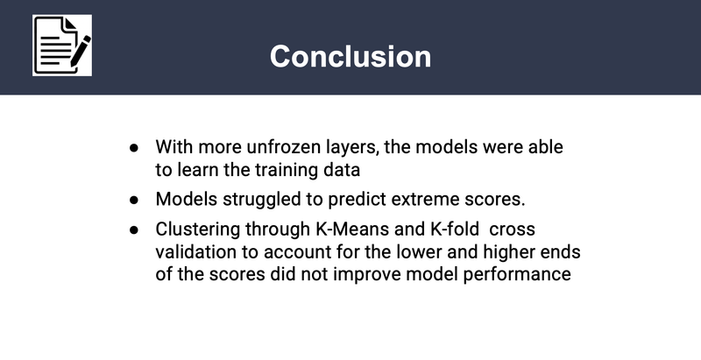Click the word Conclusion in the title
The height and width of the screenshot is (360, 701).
(350, 56)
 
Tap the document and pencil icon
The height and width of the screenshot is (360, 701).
(62, 46)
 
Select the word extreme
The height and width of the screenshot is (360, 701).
(427, 199)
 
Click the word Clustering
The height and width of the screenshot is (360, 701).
(194, 229)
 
